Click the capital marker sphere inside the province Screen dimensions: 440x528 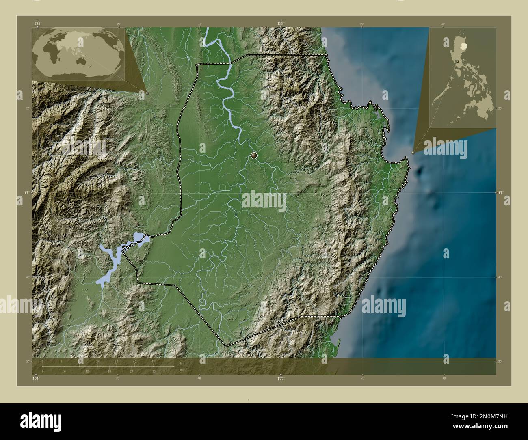(x=254, y=155)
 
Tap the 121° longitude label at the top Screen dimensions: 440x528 (x=37, y=24)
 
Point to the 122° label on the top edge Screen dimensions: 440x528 (x=280, y=24)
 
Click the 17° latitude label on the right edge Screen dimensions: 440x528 (x=501, y=193)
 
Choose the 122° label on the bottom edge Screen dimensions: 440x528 (x=280, y=379)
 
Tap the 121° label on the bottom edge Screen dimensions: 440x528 (x=36, y=379)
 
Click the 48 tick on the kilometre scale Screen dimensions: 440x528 (x=153, y=361)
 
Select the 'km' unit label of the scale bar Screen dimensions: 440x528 (x=182, y=364)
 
